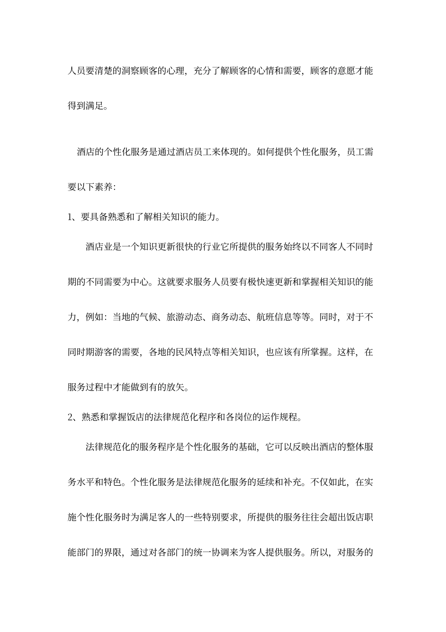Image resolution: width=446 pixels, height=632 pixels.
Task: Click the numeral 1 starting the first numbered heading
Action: point(70,217)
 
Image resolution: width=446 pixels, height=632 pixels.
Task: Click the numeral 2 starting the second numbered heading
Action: point(70,417)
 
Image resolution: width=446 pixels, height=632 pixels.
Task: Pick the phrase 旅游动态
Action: point(185,317)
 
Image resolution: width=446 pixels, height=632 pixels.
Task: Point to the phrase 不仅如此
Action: point(328,482)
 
